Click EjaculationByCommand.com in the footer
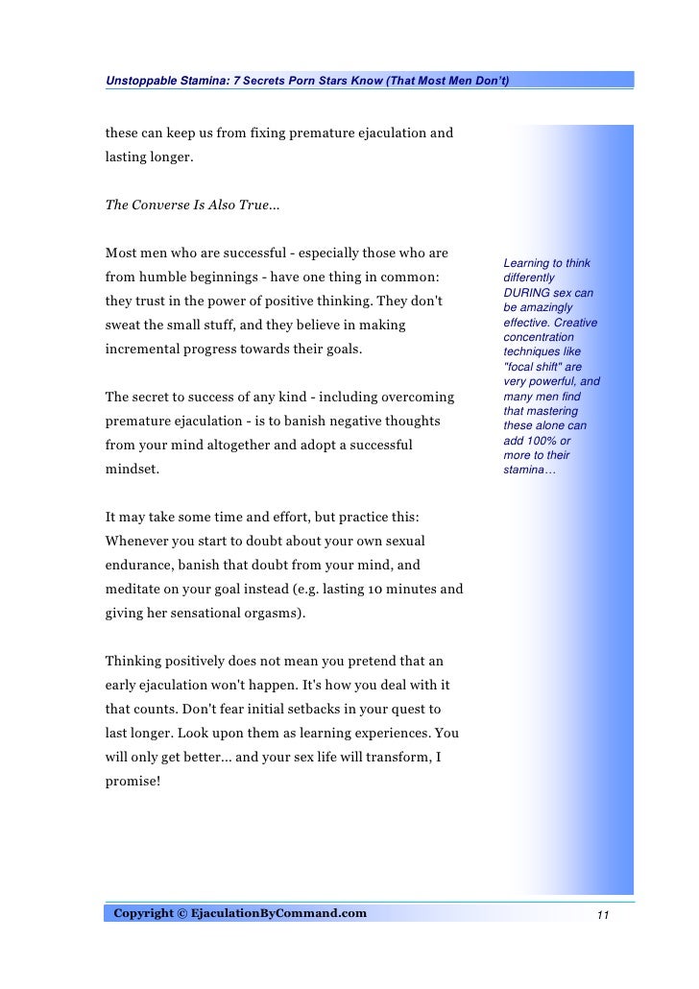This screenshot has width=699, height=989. tap(286, 912)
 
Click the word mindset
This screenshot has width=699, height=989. tap(133, 470)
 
